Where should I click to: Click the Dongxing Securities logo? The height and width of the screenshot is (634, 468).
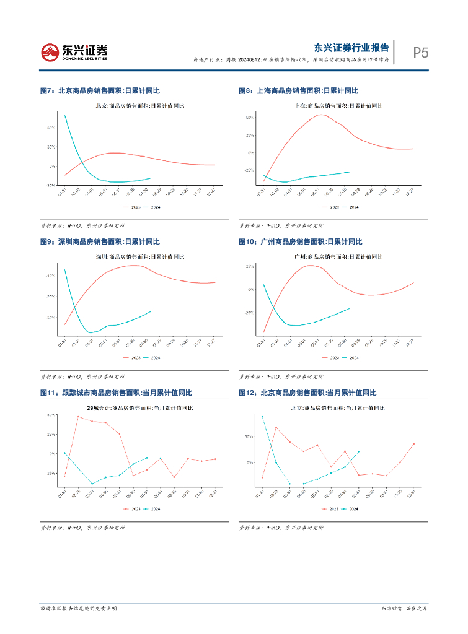pos(74,53)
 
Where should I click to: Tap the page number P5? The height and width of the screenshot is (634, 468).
pos(420,53)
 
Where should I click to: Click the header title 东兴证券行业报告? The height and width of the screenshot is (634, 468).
pos(351,47)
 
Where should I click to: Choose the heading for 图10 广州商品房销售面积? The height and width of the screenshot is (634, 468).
pos(300,241)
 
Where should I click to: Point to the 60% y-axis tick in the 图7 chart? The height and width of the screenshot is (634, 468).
pos(51,128)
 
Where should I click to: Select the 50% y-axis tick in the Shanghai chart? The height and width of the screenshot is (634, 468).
pos(249,118)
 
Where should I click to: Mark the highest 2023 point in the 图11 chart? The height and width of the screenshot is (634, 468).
pos(78,417)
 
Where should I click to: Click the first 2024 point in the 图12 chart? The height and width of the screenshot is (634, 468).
pos(262,417)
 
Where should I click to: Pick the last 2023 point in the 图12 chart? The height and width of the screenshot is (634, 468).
pos(413,444)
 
